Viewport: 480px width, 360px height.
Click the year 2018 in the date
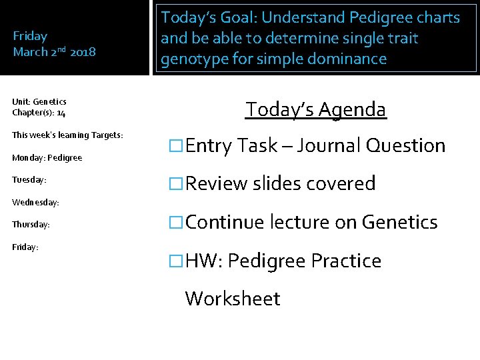coord(83,51)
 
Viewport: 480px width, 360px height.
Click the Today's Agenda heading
coord(315,109)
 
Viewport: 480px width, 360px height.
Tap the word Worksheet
coord(233,298)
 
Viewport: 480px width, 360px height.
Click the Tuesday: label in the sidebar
coord(29,180)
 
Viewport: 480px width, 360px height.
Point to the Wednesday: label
coord(36,201)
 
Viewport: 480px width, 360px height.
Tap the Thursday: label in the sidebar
coord(31,225)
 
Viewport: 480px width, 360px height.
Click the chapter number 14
coord(61,113)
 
